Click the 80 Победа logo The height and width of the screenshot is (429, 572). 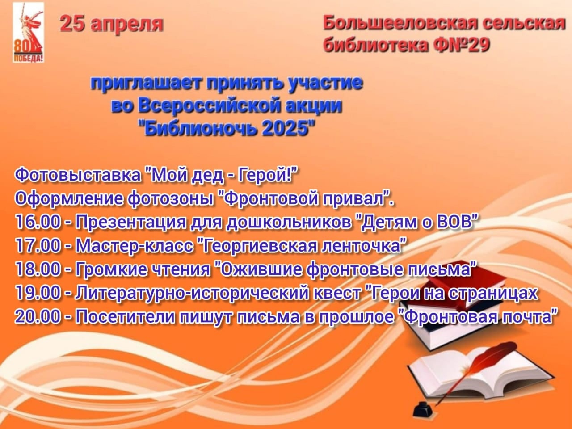[28, 33]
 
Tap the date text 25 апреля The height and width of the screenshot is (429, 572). [112, 25]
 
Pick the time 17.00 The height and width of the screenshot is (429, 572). [38, 246]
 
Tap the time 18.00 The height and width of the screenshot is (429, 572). [38, 269]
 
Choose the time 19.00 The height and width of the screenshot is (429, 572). [38, 293]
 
